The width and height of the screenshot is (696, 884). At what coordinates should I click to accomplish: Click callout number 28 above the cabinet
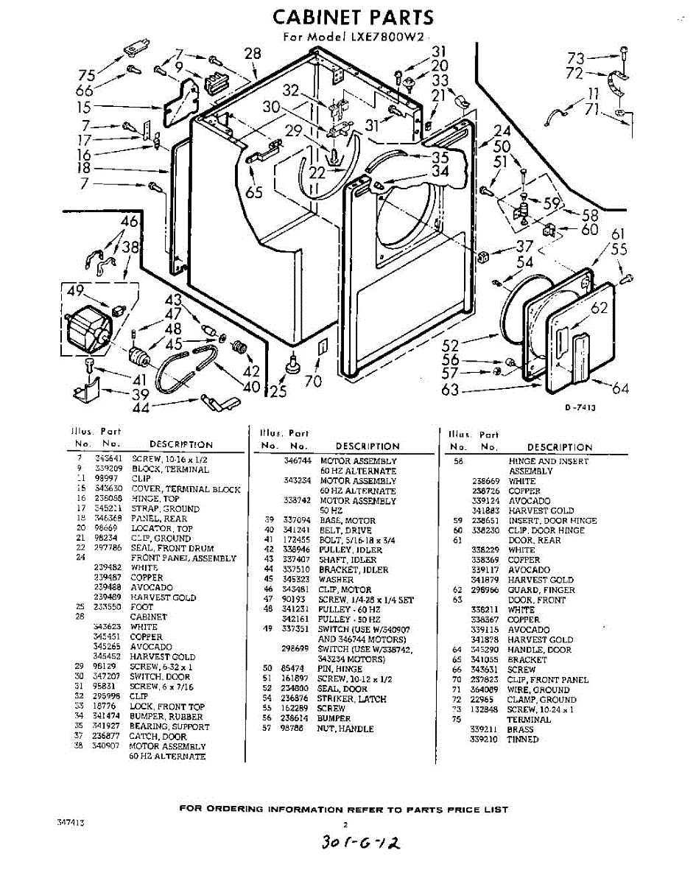(253, 53)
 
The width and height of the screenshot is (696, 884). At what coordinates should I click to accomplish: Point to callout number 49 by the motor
(74, 291)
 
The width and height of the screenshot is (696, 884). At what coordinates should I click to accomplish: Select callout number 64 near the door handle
(621, 388)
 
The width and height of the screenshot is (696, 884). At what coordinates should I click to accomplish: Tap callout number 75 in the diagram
(87, 75)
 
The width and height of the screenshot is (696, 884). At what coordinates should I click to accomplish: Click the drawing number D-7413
(580, 407)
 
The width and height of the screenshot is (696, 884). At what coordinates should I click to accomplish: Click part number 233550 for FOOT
(108, 608)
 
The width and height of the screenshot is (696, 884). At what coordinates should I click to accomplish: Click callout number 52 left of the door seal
(451, 345)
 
